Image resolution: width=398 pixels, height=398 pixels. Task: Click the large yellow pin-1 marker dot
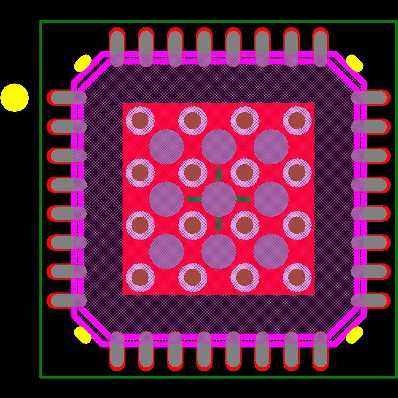click(x=14, y=98)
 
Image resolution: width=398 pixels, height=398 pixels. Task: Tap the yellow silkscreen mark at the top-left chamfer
click(x=83, y=63)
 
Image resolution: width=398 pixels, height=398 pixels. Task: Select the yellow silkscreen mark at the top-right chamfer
click(x=354, y=63)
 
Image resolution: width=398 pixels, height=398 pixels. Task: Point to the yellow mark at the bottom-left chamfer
click(x=83, y=335)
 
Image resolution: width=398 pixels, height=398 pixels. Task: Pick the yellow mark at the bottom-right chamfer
click(x=354, y=335)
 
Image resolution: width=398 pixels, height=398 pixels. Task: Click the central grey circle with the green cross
click(x=219, y=199)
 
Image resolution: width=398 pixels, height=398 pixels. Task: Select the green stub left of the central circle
click(x=194, y=199)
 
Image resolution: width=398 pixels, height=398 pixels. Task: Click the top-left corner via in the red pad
click(x=140, y=121)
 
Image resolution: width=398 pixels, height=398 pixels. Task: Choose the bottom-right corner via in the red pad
click(x=297, y=277)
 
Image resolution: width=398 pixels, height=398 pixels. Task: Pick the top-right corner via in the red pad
click(x=297, y=121)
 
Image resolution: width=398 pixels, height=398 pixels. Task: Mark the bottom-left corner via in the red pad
click(x=140, y=277)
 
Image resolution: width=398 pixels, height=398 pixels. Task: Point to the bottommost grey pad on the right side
click(x=369, y=300)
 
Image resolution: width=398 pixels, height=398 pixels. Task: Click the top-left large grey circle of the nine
click(x=166, y=147)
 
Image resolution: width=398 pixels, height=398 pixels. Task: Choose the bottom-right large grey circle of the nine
click(x=271, y=252)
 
